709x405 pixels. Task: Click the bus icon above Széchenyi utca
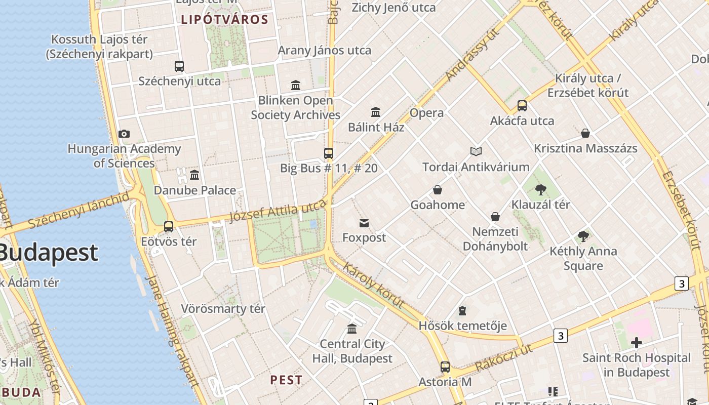tap(179, 66)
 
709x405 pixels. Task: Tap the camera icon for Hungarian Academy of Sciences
tap(124, 134)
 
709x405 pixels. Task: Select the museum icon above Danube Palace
tap(194, 175)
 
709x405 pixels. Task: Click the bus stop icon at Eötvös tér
tap(169, 226)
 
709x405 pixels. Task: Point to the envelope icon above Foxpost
tap(364, 223)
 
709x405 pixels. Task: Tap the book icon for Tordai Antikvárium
tap(476, 151)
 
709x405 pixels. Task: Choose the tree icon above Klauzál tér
tap(540, 190)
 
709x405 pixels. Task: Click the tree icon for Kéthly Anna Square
tap(583, 236)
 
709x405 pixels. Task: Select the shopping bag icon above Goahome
tap(438, 190)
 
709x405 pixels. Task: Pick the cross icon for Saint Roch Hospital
tap(636, 343)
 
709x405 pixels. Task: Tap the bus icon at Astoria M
tap(445, 367)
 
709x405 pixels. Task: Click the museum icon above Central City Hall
tap(352, 329)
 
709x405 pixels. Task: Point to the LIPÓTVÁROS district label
tap(224, 20)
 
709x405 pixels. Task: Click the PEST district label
tap(286, 380)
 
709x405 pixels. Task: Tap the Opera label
tap(426, 113)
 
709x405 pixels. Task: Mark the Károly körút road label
tap(374, 285)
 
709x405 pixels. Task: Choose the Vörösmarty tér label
tap(223, 309)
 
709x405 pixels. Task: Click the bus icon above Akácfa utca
tap(522, 106)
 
